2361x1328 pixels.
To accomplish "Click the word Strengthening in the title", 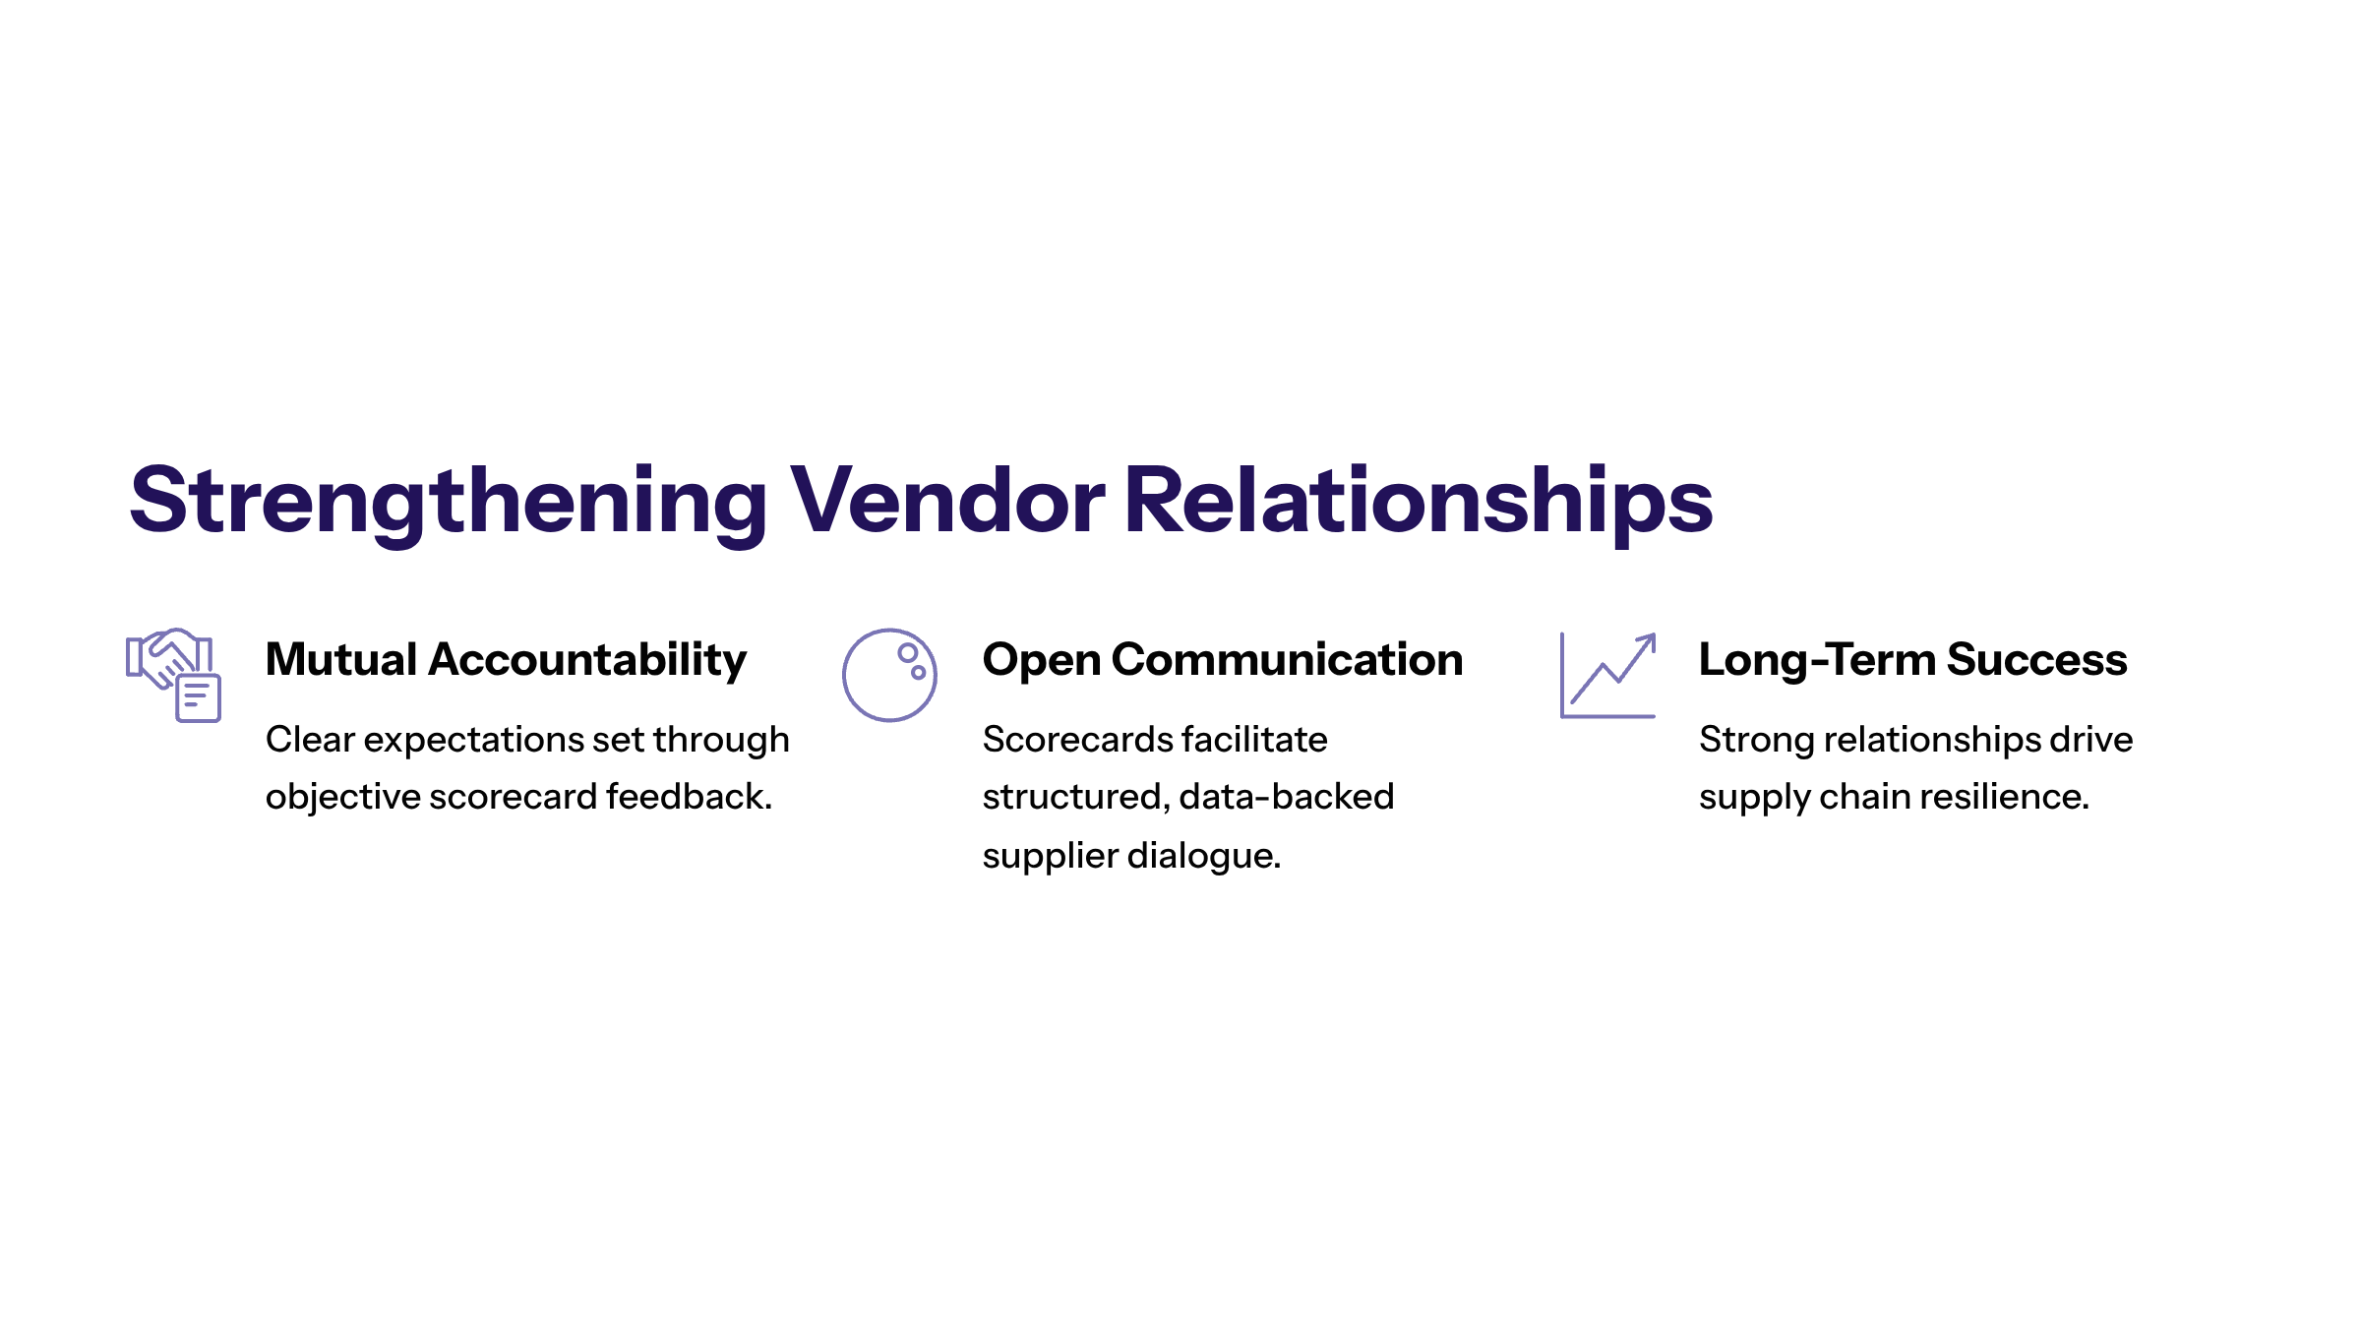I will click(448, 502).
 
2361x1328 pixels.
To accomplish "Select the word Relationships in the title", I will click(1418, 502).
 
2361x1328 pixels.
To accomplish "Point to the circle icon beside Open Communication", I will click(889, 675).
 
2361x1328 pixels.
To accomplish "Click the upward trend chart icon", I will click(1608, 676).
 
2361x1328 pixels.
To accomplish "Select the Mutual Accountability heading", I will click(506, 660).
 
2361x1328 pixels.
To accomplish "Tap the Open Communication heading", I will click(1222, 660).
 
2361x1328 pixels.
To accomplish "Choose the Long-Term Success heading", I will click(1912, 660).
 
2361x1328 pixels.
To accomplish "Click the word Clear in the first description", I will click(310, 740).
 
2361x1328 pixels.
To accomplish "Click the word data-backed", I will click(1286, 797).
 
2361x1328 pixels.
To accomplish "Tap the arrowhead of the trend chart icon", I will click(1649, 640).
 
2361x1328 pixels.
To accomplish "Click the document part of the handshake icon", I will click(198, 697).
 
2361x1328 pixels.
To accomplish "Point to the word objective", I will click(342, 797).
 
